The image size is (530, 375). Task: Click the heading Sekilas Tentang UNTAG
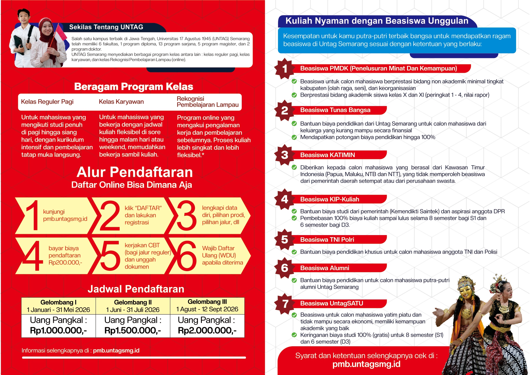click(106, 27)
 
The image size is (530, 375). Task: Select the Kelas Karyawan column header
click(121, 102)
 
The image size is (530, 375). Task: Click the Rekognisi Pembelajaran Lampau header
click(208, 102)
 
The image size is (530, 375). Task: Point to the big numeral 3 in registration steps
click(186, 215)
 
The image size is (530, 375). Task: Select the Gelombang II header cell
click(133, 302)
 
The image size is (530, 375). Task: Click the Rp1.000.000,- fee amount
click(58, 331)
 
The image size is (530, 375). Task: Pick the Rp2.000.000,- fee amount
click(207, 331)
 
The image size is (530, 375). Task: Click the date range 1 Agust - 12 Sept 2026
click(207, 309)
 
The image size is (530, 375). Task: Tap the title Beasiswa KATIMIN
click(328, 155)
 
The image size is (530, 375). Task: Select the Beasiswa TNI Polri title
click(327, 240)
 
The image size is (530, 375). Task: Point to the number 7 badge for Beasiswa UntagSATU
click(285, 304)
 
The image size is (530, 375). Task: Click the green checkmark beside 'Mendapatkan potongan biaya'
click(294, 137)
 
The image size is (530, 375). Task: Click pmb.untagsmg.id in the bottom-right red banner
click(366, 364)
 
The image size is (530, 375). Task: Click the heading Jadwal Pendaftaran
click(136, 289)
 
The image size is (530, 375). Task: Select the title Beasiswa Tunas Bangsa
click(335, 110)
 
